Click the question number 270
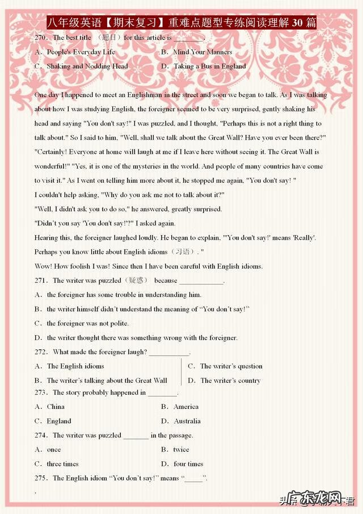point(41,37)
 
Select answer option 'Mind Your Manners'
point(202,52)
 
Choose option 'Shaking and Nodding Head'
point(87,66)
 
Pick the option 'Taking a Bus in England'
point(209,66)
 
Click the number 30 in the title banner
point(297,23)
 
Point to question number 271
point(41,281)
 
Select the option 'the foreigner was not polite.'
point(87,323)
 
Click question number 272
point(41,352)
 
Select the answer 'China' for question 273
point(56,407)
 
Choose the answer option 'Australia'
point(187,421)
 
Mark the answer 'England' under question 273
point(59,421)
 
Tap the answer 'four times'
point(188,464)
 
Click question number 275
point(41,478)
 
